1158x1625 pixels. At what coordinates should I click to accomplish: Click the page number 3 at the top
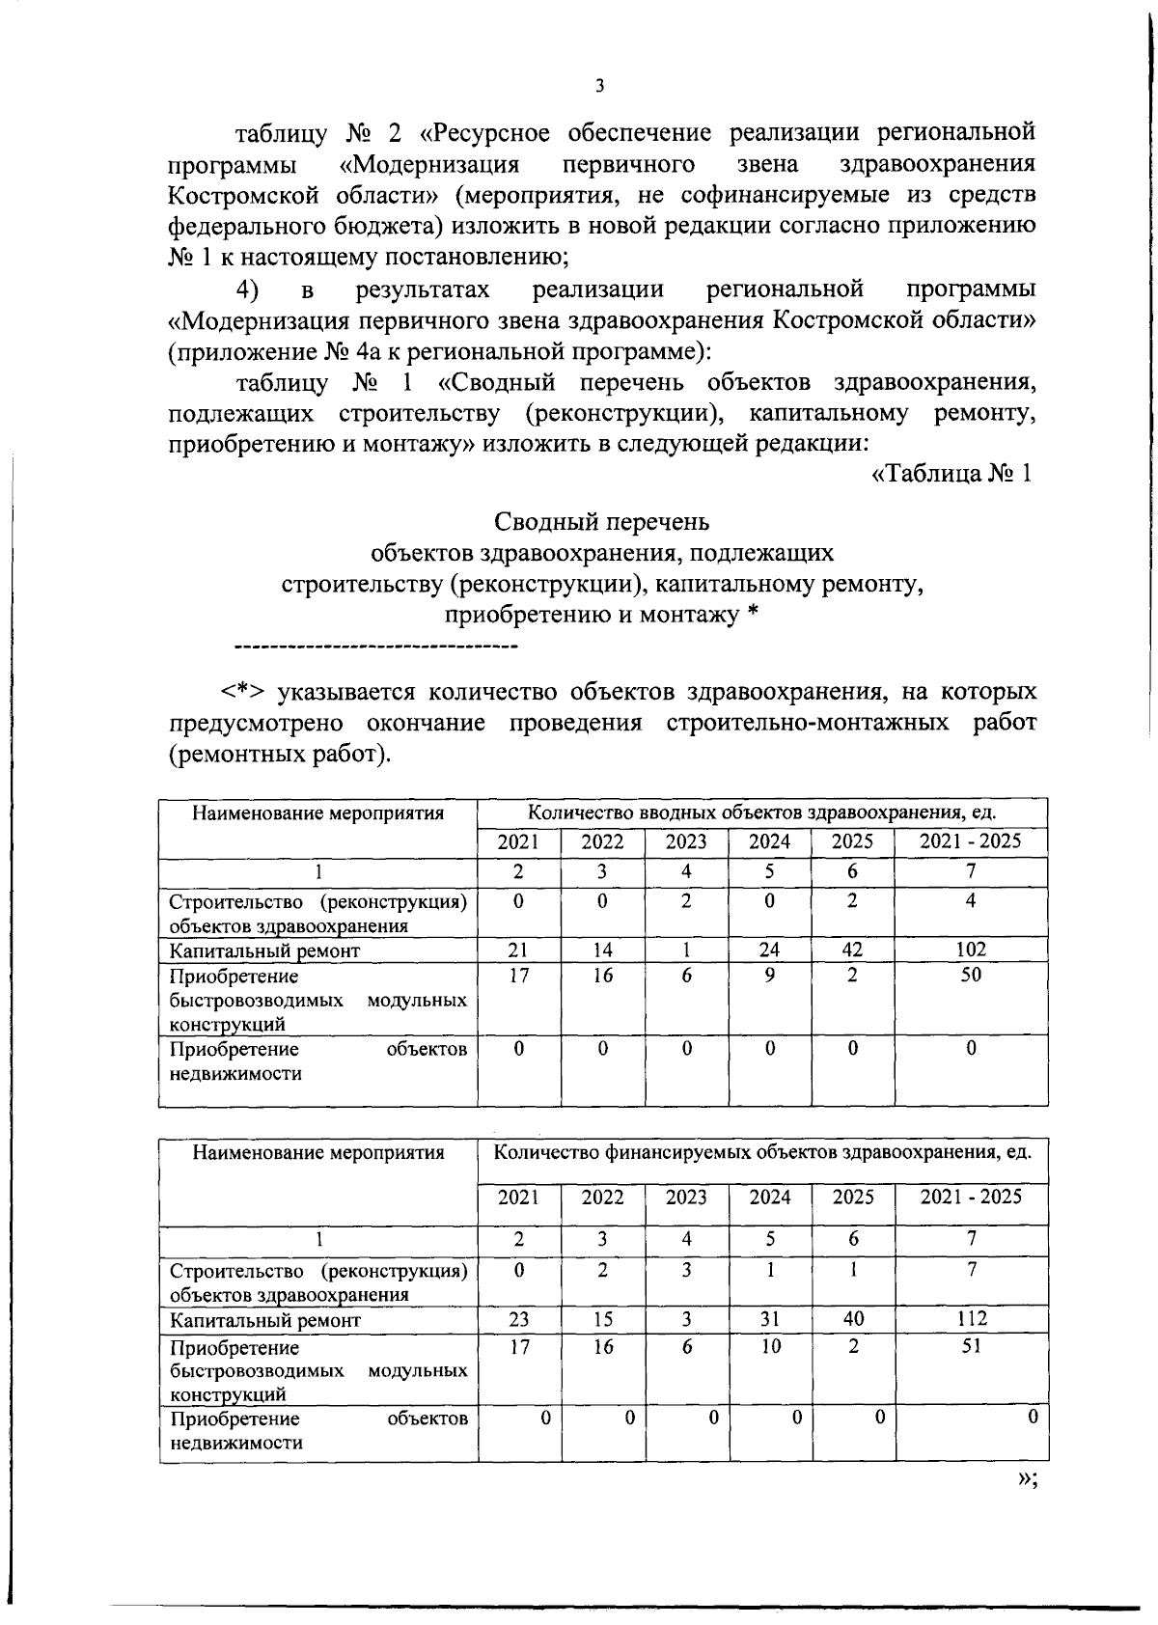[599, 86]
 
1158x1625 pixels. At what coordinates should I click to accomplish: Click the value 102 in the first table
[971, 950]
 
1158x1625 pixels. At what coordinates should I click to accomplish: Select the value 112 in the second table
[971, 1319]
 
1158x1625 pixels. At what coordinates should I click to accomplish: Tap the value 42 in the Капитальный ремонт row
[853, 950]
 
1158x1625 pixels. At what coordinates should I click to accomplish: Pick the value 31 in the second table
[770, 1319]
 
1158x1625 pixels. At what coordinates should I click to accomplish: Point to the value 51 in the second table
[971, 1345]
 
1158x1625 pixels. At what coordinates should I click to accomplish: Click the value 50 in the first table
[971, 975]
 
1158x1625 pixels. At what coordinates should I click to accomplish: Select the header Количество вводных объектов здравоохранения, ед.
[762, 812]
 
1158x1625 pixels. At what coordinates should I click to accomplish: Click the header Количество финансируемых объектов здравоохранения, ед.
[762, 1151]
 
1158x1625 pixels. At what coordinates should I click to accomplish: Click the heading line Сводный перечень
[602, 522]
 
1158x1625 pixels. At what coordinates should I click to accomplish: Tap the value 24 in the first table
[770, 950]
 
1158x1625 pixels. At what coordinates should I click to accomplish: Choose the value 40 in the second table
[853, 1319]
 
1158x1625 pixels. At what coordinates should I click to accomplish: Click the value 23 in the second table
[519, 1319]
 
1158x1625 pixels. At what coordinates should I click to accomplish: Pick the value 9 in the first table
[770, 975]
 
